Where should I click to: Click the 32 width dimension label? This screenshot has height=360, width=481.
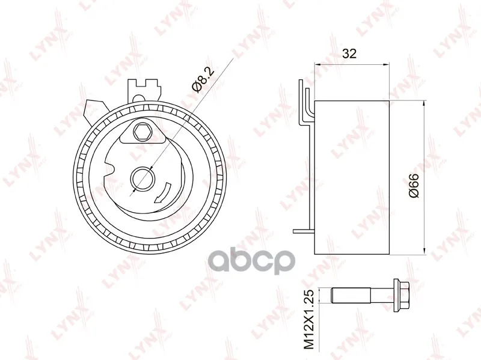point(349,53)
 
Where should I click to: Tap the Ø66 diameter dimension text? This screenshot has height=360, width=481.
point(414,186)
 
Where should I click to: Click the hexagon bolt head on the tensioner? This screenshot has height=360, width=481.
point(142,132)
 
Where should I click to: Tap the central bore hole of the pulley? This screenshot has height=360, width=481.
point(142,178)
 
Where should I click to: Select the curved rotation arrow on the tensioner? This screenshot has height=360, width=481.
point(163,193)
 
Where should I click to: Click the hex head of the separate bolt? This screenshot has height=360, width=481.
point(401,294)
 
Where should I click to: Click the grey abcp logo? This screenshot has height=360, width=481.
point(252,261)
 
